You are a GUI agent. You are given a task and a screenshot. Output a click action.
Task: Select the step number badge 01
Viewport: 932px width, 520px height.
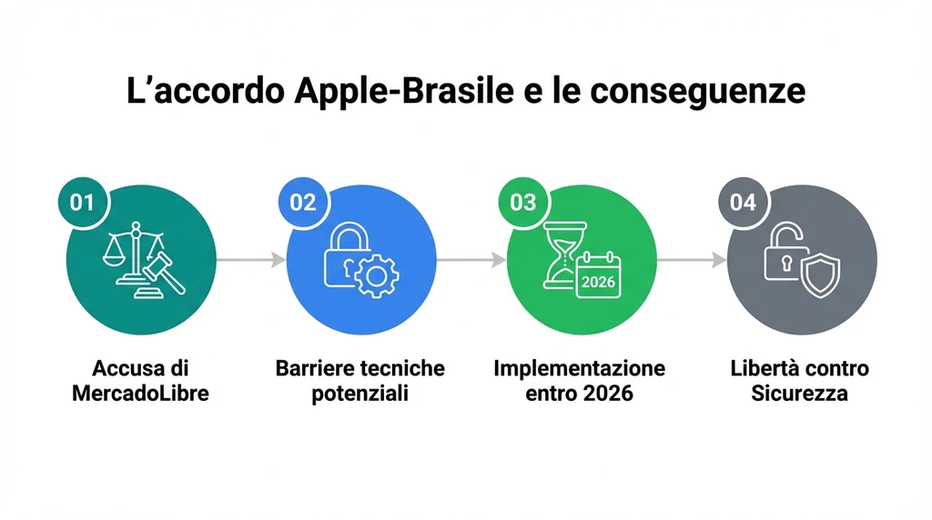82,202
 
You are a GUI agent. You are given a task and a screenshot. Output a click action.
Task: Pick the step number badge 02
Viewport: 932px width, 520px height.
302,202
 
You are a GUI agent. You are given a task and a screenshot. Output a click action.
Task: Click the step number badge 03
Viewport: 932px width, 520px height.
522,202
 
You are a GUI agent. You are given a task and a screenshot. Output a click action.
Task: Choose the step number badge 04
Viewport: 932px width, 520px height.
743,202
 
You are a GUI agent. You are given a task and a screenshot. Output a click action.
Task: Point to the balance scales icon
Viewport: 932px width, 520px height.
131,255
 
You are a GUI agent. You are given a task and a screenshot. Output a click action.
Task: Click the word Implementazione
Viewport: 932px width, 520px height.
579,369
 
